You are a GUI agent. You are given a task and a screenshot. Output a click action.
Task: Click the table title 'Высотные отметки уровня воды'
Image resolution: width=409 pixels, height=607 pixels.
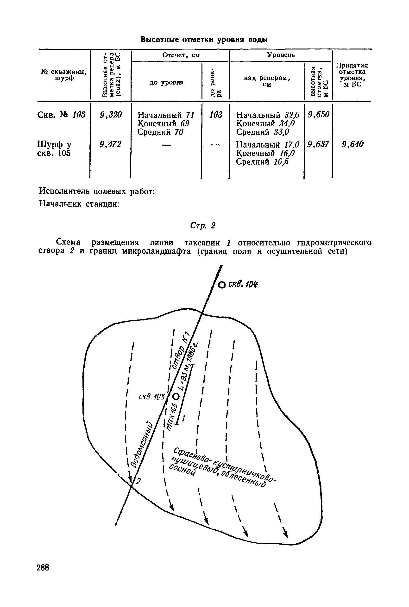(x=204, y=40)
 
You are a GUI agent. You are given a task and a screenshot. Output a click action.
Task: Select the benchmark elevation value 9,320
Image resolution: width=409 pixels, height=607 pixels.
(x=111, y=115)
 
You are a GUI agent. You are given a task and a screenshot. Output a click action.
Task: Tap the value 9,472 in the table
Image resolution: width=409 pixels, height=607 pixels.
(x=111, y=144)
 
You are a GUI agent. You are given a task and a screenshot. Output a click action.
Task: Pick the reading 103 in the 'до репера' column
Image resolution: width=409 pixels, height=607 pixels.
(x=216, y=115)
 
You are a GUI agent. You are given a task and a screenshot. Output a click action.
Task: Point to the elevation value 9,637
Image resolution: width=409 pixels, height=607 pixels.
(x=318, y=144)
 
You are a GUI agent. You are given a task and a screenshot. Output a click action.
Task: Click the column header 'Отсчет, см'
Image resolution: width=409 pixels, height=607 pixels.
(x=181, y=55)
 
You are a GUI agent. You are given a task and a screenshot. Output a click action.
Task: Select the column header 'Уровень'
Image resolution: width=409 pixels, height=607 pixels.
(x=281, y=55)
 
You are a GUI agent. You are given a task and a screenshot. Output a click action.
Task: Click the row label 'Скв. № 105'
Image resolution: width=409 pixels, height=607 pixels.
(x=62, y=115)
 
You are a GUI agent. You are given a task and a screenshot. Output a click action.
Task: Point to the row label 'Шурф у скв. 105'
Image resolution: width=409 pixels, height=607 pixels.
(x=55, y=149)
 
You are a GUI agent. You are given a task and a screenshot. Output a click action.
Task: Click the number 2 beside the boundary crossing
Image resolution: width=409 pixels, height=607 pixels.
(x=138, y=481)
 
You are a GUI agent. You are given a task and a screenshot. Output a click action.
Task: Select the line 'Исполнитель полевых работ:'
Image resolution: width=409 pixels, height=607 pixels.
(x=97, y=191)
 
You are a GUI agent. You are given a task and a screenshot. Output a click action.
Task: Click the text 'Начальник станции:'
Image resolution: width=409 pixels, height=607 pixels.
(x=79, y=204)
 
